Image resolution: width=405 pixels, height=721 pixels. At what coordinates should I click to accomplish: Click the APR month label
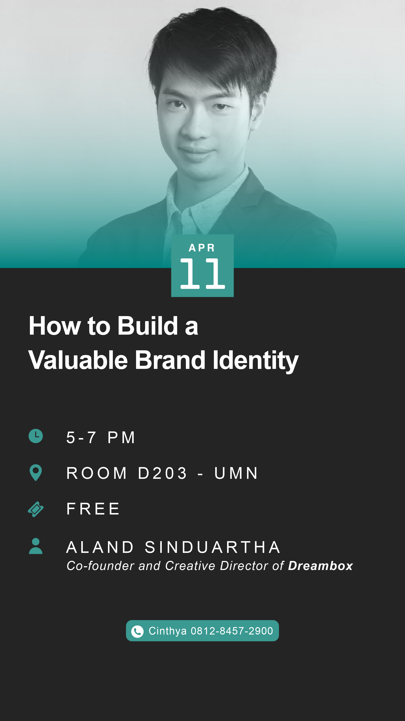pyautogui.click(x=202, y=248)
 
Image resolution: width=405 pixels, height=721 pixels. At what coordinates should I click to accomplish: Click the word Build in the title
pyautogui.click(x=148, y=326)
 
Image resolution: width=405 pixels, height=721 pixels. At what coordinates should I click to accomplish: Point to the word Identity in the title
pyautogui.click(x=256, y=361)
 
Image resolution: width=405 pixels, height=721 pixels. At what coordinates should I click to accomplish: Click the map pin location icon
pyautogui.click(x=36, y=473)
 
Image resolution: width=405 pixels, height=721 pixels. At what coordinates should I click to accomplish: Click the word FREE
pyautogui.click(x=93, y=509)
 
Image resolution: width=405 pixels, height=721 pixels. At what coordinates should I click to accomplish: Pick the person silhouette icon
pyautogui.click(x=36, y=546)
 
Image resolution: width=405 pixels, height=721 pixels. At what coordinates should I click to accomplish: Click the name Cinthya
pyautogui.click(x=168, y=631)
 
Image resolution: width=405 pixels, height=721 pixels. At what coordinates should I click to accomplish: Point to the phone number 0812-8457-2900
pyautogui.click(x=232, y=631)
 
